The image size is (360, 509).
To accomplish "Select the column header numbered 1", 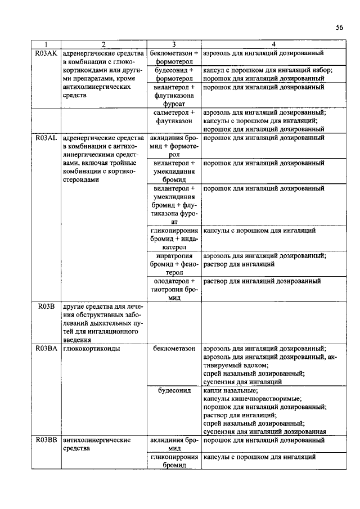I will (x=46, y=44).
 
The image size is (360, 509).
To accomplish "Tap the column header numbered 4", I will (x=273, y=44).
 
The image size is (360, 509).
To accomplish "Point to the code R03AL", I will (x=46, y=137).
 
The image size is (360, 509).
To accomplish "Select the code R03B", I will (x=46, y=306).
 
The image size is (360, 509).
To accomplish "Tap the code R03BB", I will (x=46, y=440).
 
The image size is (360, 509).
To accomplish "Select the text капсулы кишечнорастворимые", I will (x=248, y=398).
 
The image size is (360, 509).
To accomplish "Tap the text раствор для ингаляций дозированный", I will (x=262, y=281).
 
